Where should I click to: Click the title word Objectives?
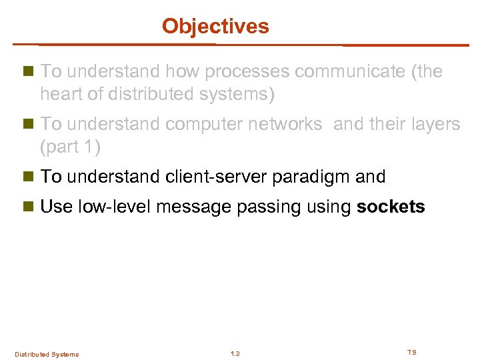215,26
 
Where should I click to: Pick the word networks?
289,124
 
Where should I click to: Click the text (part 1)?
70,147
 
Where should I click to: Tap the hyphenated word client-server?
209,177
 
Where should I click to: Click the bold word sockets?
391,207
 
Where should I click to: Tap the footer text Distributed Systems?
47,354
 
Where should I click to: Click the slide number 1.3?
235,353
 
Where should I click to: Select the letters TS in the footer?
411,352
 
